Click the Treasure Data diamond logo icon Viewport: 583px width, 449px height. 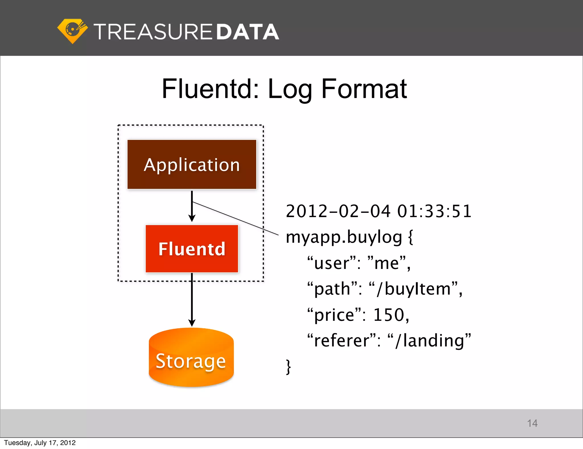click(x=72, y=31)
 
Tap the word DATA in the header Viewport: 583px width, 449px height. click(x=247, y=32)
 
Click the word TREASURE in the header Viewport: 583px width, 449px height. click(x=153, y=32)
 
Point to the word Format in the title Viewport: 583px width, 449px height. click(x=364, y=89)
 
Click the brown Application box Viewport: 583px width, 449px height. click(x=192, y=164)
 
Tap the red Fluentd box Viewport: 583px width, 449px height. click(x=192, y=249)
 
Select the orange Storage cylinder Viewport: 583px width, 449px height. click(x=191, y=358)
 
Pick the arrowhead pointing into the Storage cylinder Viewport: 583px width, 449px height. click(x=192, y=323)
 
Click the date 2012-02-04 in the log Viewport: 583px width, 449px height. click(x=338, y=211)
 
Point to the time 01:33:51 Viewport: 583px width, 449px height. click(x=434, y=211)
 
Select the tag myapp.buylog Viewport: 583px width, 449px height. click(x=344, y=237)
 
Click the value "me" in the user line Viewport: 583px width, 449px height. click(x=387, y=263)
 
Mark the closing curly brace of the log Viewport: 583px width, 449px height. click(x=288, y=367)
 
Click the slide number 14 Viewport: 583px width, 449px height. click(x=532, y=423)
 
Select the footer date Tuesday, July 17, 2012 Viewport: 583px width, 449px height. click(x=40, y=443)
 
